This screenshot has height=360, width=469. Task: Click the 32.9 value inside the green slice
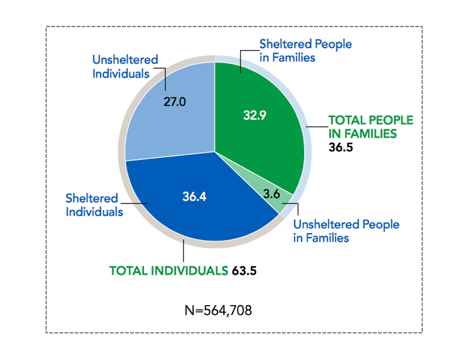click(255, 115)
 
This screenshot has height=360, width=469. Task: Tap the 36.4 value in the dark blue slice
click(195, 196)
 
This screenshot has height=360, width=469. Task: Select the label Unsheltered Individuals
click(125, 66)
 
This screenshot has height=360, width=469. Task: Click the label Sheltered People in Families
click(306, 51)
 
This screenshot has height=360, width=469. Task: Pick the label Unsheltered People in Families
click(346, 231)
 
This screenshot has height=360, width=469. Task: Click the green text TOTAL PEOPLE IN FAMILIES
click(370, 127)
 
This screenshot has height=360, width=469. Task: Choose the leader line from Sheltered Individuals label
click(136, 203)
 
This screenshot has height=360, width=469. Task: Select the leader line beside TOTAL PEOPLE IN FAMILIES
click(315, 127)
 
